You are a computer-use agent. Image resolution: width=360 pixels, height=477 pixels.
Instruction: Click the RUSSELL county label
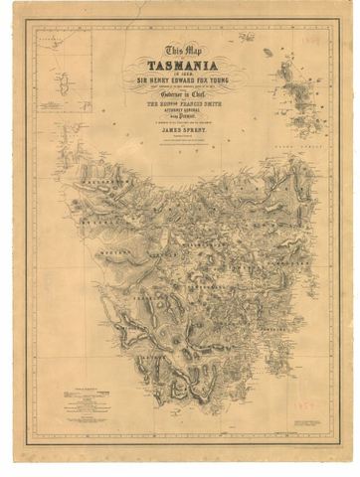[110, 231]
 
